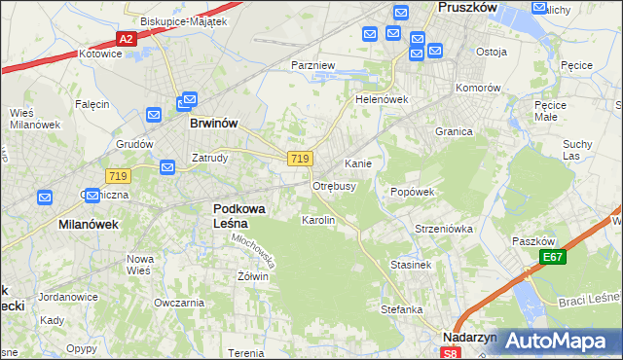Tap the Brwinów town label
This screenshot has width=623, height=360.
tap(214, 124)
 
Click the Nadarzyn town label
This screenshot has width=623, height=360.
tap(469, 337)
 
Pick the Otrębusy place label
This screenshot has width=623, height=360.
tap(334, 185)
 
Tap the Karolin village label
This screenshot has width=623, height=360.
tap(318, 221)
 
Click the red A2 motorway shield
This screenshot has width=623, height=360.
tap(125, 39)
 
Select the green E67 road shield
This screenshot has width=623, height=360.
tap(554, 257)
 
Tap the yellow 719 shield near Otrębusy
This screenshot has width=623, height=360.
tap(300, 159)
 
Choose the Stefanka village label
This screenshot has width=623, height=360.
tap(401, 309)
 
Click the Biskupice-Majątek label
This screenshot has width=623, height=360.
tap(169, 20)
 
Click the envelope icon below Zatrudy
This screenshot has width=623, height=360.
tap(166, 168)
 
